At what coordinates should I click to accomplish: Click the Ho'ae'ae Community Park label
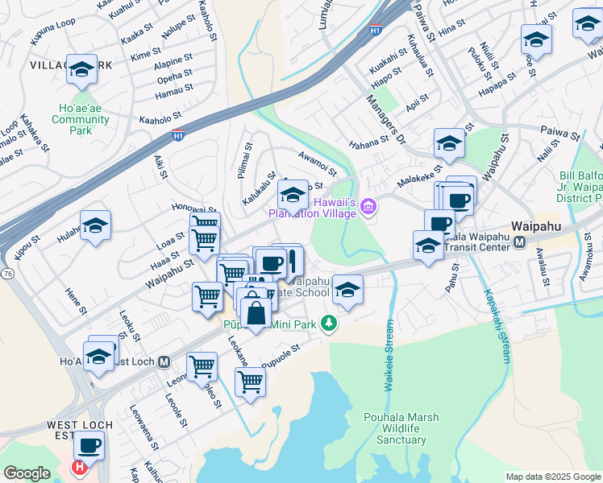pos(80,120)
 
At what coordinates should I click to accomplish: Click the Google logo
pos(27,473)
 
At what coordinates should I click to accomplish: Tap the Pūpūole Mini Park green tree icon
pos(328,324)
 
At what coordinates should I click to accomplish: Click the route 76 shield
pos(7,275)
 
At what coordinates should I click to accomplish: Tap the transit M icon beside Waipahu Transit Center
pos(520,242)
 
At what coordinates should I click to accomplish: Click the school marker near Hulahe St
pos(95,225)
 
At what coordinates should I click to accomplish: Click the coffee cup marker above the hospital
pos(89,444)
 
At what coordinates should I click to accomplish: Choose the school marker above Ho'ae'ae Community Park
pos(81,69)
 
